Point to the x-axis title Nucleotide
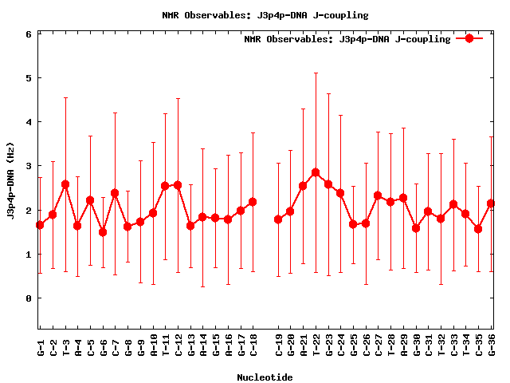pyautogui.click(x=265, y=377)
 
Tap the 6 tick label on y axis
pyautogui.click(x=28, y=34)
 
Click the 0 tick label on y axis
pyautogui.click(x=28, y=298)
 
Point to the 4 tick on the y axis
pyautogui.click(x=28, y=122)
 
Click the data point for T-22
pyautogui.click(x=316, y=172)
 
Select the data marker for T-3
pyautogui.click(x=65, y=184)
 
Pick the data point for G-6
pyautogui.click(x=103, y=232)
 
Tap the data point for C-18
pyautogui.click(x=253, y=202)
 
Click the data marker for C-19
pyautogui.click(x=278, y=219)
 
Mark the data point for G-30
pyautogui.click(x=416, y=228)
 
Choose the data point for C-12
pyautogui.click(x=178, y=185)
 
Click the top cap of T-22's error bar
pyautogui.click(x=316, y=73)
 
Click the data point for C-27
pyautogui.click(x=378, y=195)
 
